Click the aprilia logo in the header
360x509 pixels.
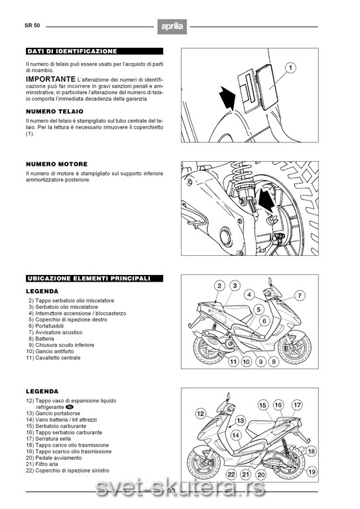172,27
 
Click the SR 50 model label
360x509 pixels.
32,25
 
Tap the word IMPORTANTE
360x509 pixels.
50,80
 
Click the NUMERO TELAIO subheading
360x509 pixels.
54,111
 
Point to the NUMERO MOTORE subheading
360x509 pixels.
57,164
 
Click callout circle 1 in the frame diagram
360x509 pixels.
290,68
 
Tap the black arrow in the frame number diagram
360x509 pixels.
227,97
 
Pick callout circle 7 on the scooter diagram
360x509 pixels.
299,296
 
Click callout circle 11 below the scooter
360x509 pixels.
233,361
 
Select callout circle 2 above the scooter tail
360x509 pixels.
219,286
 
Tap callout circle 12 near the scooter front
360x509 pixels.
201,414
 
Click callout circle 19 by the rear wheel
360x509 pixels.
312,472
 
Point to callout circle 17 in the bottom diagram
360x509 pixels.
297,405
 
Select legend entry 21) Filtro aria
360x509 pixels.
42,464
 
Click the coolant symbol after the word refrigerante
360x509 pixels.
70,407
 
